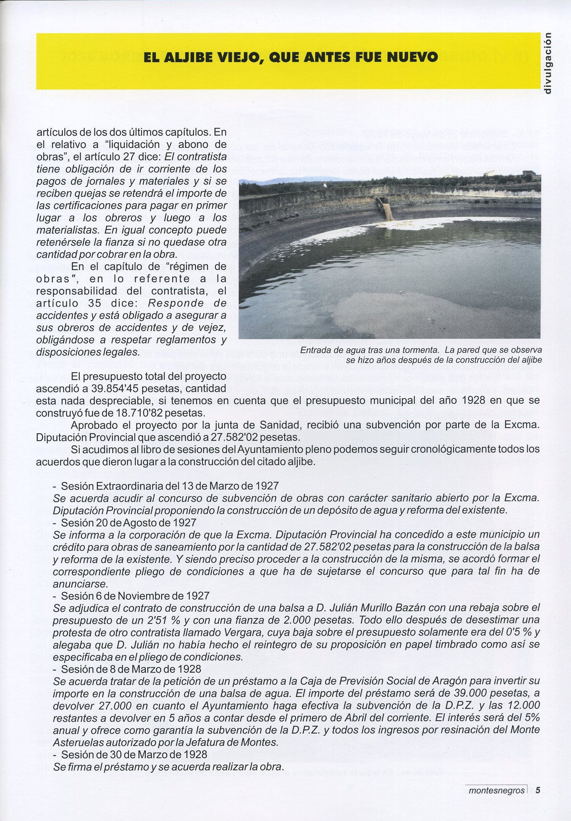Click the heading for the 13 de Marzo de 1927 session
click(x=170, y=486)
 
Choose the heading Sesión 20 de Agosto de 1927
click(x=129, y=522)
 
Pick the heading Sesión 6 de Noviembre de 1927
click(x=135, y=596)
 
